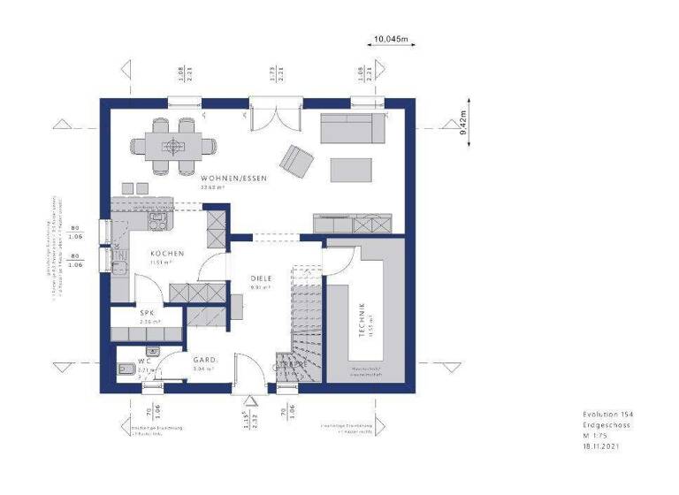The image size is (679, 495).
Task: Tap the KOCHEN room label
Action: coord(160,254)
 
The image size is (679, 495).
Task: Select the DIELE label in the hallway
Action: coord(260,278)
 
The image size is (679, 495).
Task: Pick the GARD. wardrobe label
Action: coord(206,360)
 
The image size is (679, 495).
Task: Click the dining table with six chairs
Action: coord(174,143)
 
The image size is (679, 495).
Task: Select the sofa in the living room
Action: coord(352,129)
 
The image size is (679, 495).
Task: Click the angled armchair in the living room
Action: coord(295,160)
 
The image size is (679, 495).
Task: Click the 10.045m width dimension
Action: coord(390,39)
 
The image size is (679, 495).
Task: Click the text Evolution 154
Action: coord(607,415)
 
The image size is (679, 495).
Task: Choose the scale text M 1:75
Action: coord(595,437)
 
